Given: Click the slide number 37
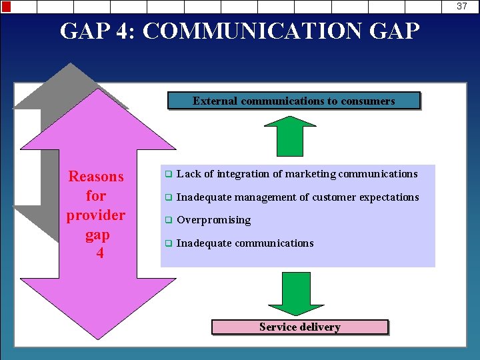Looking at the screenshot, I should pos(462,6).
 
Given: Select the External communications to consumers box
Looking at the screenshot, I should pos(293,101).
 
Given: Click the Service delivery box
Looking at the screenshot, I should pos(299,327).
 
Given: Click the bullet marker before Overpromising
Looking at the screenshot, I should pos(169,221).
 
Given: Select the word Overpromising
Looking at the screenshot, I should pos(213,220).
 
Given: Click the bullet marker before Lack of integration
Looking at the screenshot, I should pos(169,175).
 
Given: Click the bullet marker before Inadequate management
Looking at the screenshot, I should pos(169,198).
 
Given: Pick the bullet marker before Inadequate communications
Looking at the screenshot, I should pos(169,244).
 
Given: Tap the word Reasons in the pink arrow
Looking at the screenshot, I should pos(96,177).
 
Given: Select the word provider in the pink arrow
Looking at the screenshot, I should pos(96,215).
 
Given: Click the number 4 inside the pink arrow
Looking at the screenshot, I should pos(99,254).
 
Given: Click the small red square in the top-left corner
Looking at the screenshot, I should pos(6,7).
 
